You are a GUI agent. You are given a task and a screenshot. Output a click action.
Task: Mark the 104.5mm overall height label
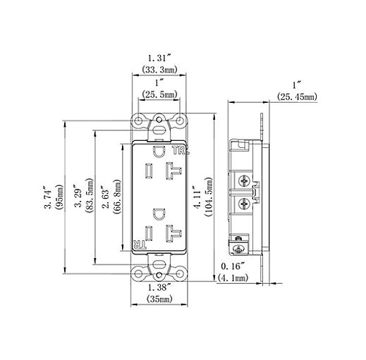[210, 195]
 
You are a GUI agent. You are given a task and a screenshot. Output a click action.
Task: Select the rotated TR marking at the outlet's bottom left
[140, 244]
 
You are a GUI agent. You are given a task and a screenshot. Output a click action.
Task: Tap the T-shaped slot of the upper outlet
[172, 170]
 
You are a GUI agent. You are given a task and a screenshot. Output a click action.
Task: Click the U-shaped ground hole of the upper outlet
[160, 150]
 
